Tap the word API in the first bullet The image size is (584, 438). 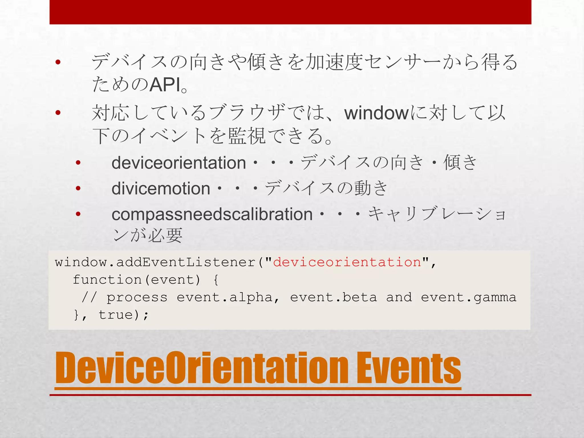coord(165,85)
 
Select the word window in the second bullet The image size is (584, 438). coord(377,113)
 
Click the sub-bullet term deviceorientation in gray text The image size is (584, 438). coord(179,163)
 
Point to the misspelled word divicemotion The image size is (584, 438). coord(161,189)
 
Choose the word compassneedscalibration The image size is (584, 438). coord(212,214)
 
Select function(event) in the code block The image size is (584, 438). coord(137,280)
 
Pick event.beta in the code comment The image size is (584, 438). coord(333,297)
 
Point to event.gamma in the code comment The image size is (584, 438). coord(469,297)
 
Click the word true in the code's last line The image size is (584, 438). coord(115,315)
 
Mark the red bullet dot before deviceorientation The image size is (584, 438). coord(78,163)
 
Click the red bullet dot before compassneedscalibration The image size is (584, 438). coord(78,214)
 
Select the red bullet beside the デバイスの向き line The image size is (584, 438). coord(58,62)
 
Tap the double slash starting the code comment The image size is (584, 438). coord(89,297)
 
